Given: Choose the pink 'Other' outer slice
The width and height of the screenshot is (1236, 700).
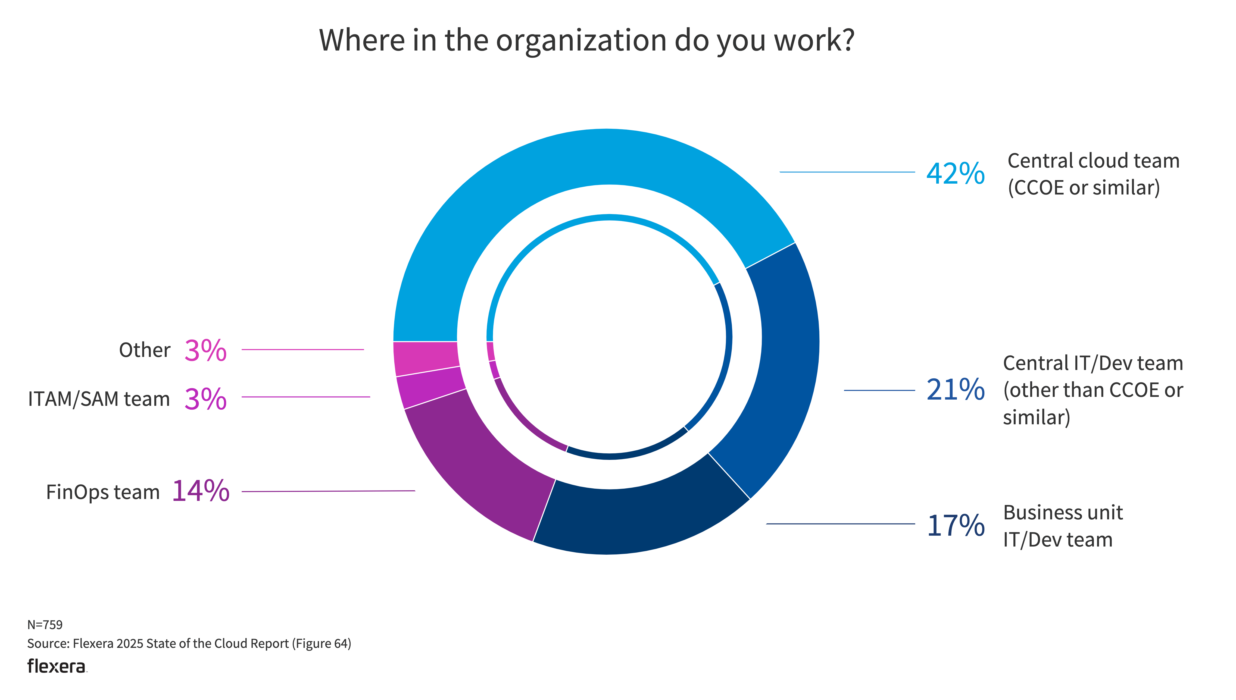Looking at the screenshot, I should coord(426,358).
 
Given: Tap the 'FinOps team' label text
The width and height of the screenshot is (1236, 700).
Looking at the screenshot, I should coord(102,492).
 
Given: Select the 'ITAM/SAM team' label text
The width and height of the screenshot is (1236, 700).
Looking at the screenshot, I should coord(99,399).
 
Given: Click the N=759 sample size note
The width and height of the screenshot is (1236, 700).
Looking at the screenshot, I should coord(45,624).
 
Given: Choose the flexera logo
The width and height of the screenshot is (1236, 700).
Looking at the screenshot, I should coord(57,666).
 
